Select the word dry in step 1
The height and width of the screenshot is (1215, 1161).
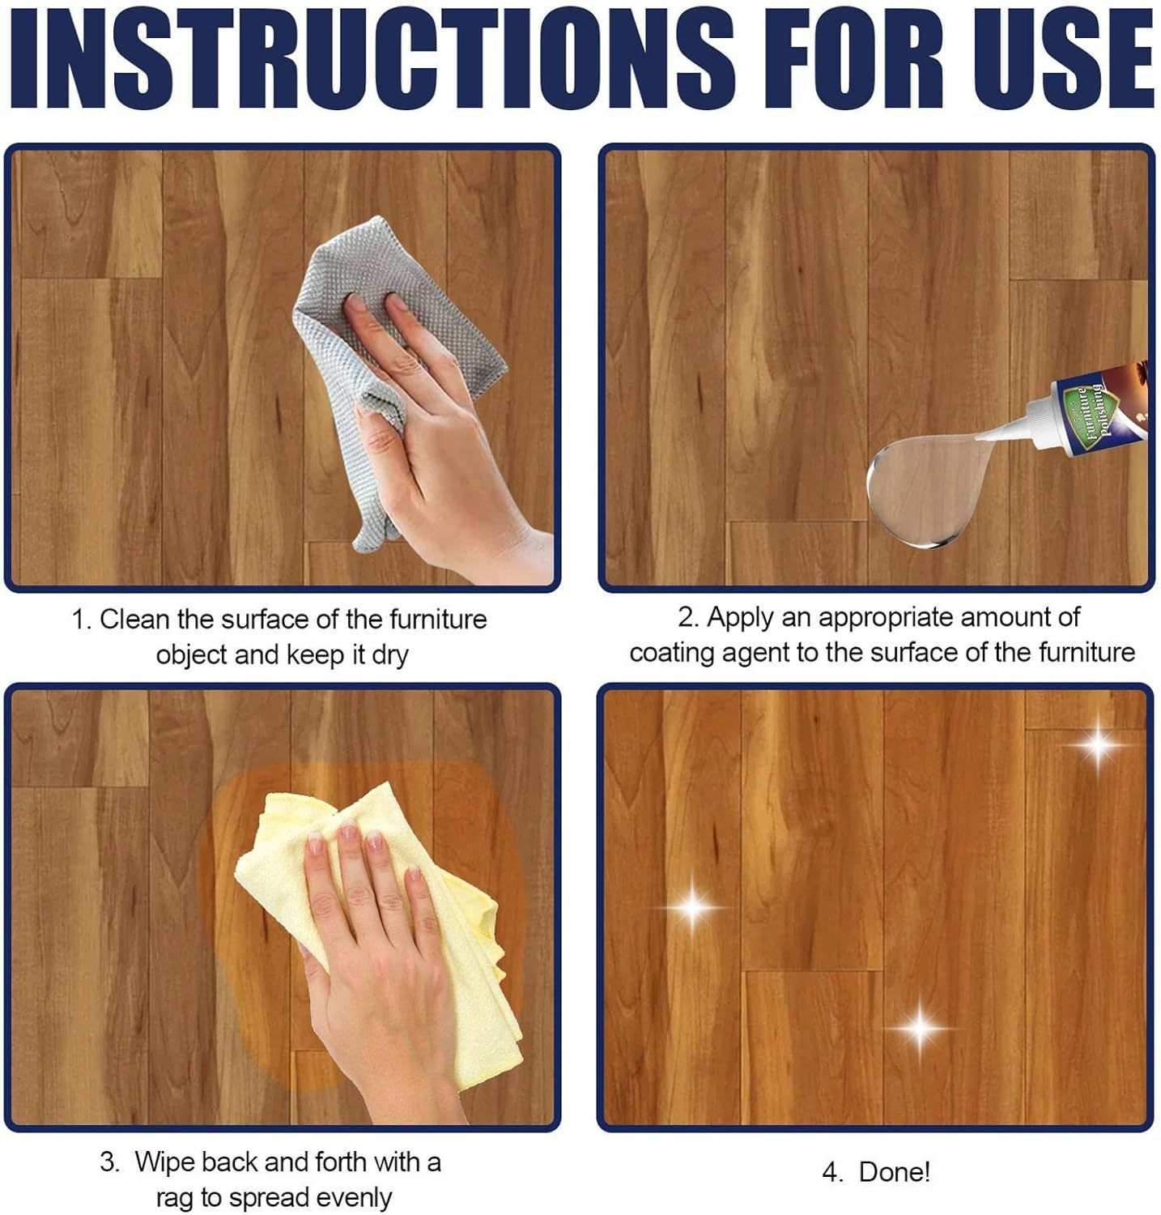click(x=389, y=656)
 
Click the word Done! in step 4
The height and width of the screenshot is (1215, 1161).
click(x=895, y=1172)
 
